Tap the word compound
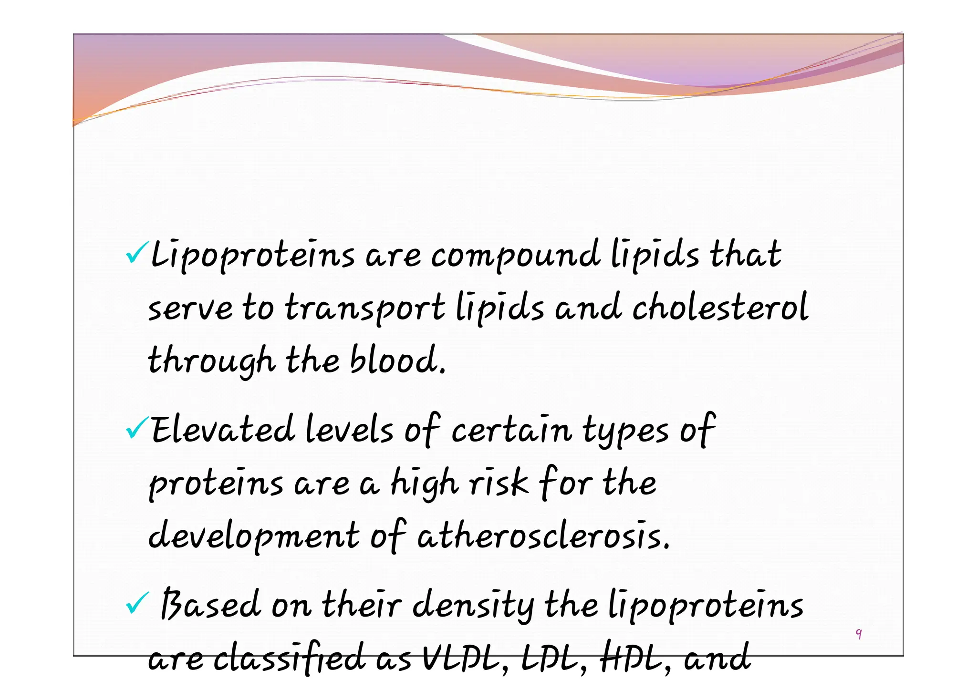click(x=515, y=255)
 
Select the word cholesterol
click(x=720, y=308)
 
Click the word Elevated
click(x=223, y=429)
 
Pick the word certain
click(x=511, y=429)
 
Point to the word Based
click(x=210, y=605)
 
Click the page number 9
click(x=859, y=634)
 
